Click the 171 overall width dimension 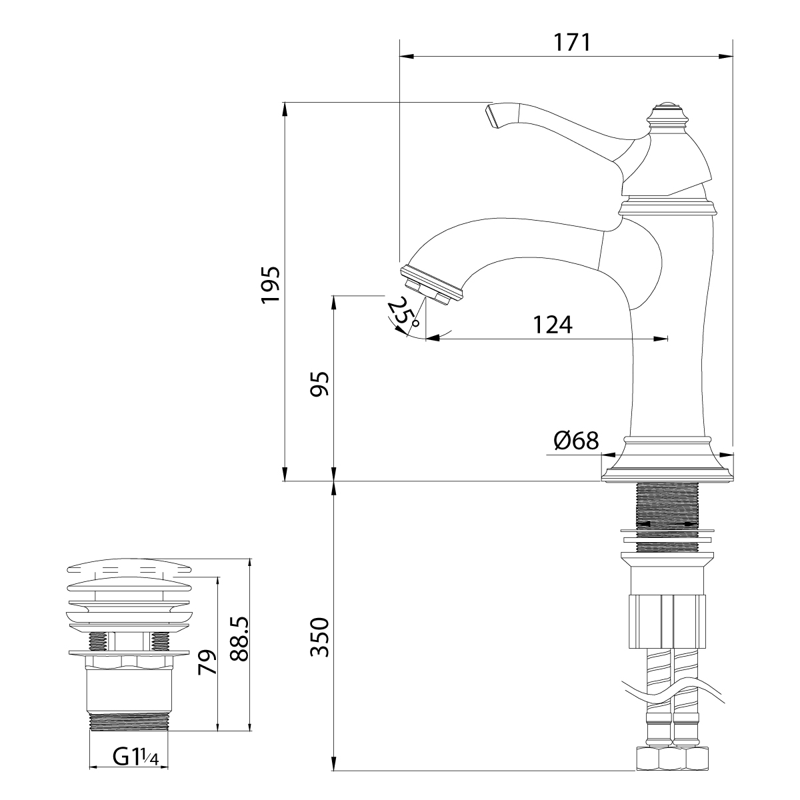(572, 43)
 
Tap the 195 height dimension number (271, 285)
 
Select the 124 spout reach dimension (553, 325)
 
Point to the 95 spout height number (320, 384)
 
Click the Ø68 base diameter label (576, 441)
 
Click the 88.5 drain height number (239, 644)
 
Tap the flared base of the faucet (667, 460)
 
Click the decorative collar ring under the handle (667, 207)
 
